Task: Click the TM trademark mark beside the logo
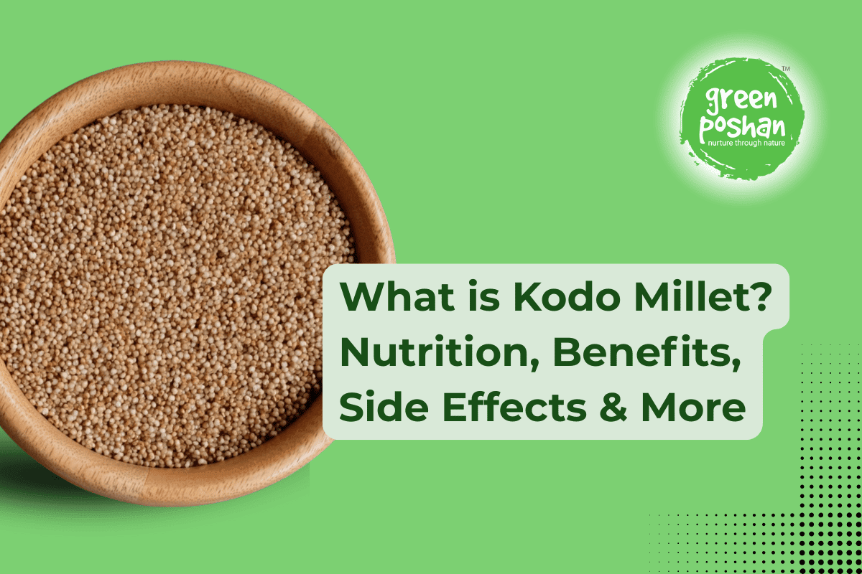pyautogui.click(x=785, y=69)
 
